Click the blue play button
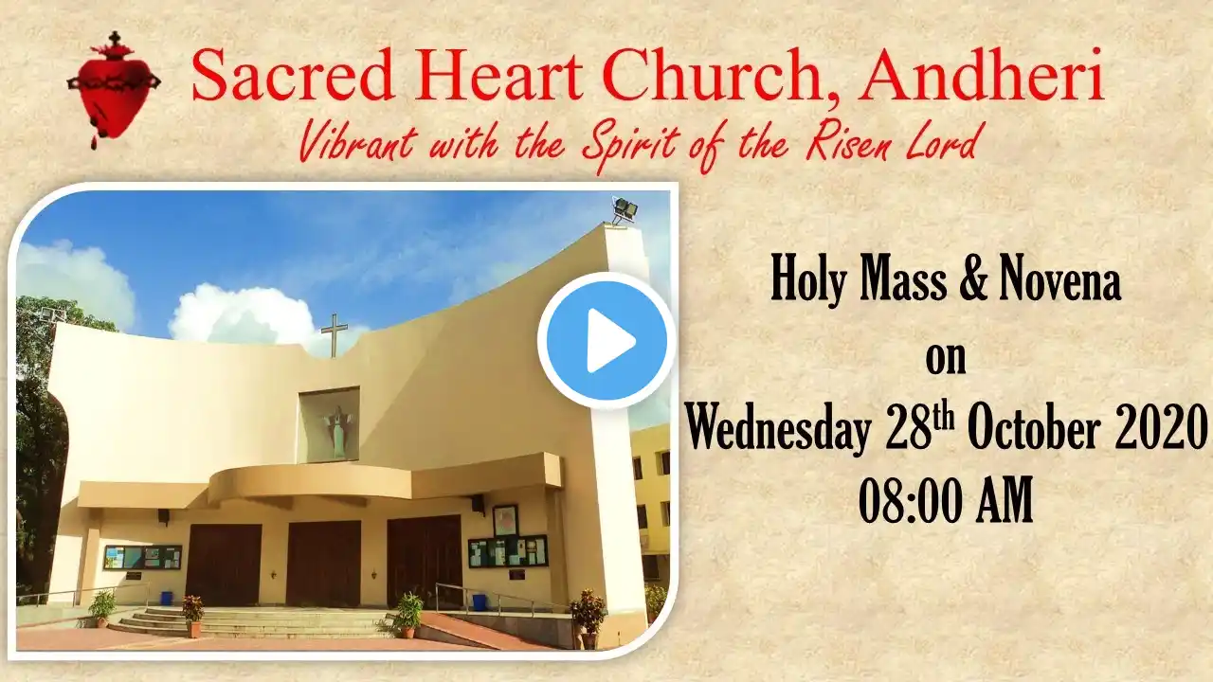coord(606,340)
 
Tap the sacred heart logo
coord(114,89)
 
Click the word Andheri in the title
coord(981,76)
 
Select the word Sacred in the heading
coord(293,76)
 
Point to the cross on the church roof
coord(335,335)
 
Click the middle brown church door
coord(324,563)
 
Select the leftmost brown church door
coord(223,565)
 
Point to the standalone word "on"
coord(946,361)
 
